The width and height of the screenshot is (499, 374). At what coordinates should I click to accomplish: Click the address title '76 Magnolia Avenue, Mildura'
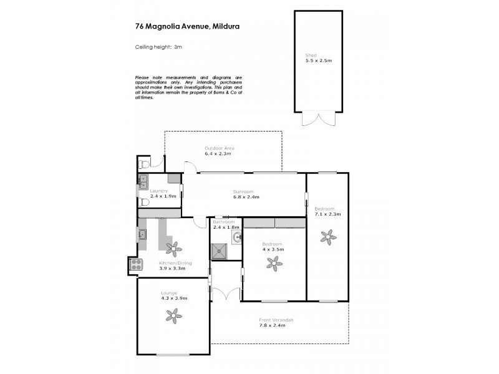(x=180, y=26)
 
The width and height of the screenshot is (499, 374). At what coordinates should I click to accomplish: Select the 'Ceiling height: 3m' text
(x=158, y=47)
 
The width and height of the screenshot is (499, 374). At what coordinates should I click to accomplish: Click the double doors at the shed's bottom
(x=318, y=118)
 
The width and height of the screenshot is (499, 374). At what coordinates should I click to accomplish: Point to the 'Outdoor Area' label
(x=219, y=148)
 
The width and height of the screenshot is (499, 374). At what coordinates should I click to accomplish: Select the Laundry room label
(x=150, y=191)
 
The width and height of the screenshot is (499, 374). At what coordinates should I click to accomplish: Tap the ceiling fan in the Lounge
(x=172, y=316)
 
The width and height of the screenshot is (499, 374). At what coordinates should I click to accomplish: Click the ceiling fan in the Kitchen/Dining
(x=172, y=249)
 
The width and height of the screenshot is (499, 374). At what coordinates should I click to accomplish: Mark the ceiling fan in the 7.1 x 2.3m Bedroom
(x=327, y=236)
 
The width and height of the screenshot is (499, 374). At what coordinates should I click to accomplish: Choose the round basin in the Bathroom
(x=236, y=237)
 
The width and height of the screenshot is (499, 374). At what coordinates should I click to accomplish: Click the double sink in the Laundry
(x=143, y=182)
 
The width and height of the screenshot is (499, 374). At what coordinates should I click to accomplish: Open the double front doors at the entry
(x=226, y=293)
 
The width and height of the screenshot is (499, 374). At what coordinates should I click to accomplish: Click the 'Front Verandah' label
(x=276, y=320)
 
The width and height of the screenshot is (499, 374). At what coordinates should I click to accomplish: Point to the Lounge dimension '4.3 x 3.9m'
(x=173, y=299)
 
